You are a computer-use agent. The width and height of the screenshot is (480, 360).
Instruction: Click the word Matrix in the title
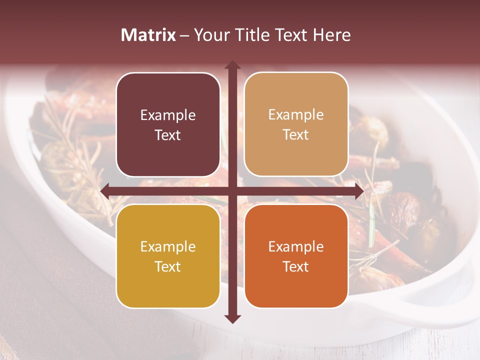[x=148, y=35]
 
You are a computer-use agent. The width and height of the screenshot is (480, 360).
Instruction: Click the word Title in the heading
[x=250, y=35]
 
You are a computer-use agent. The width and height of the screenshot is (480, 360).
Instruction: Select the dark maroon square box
[x=168, y=124]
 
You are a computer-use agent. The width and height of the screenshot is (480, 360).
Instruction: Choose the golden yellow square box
[x=168, y=256]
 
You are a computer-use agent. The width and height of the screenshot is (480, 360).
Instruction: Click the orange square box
[x=296, y=256]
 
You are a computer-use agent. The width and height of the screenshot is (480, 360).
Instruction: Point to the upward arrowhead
[x=232, y=65]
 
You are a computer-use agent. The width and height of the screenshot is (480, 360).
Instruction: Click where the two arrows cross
[x=232, y=191]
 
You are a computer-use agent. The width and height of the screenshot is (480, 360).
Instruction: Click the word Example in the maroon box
[x=168, y=115]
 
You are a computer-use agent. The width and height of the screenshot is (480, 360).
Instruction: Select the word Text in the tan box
[x=296, y=135]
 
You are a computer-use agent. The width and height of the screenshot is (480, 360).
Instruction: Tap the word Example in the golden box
[x=168, y=247]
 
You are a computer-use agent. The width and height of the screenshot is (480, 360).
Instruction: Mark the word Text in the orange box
[x=296, y=267]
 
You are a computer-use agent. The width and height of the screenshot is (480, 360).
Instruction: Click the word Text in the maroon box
[x=168, y=135]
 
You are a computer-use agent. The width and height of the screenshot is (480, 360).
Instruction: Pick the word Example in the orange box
[x=296, y=247]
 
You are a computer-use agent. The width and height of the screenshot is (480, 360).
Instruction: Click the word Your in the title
[x=209, y=35]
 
